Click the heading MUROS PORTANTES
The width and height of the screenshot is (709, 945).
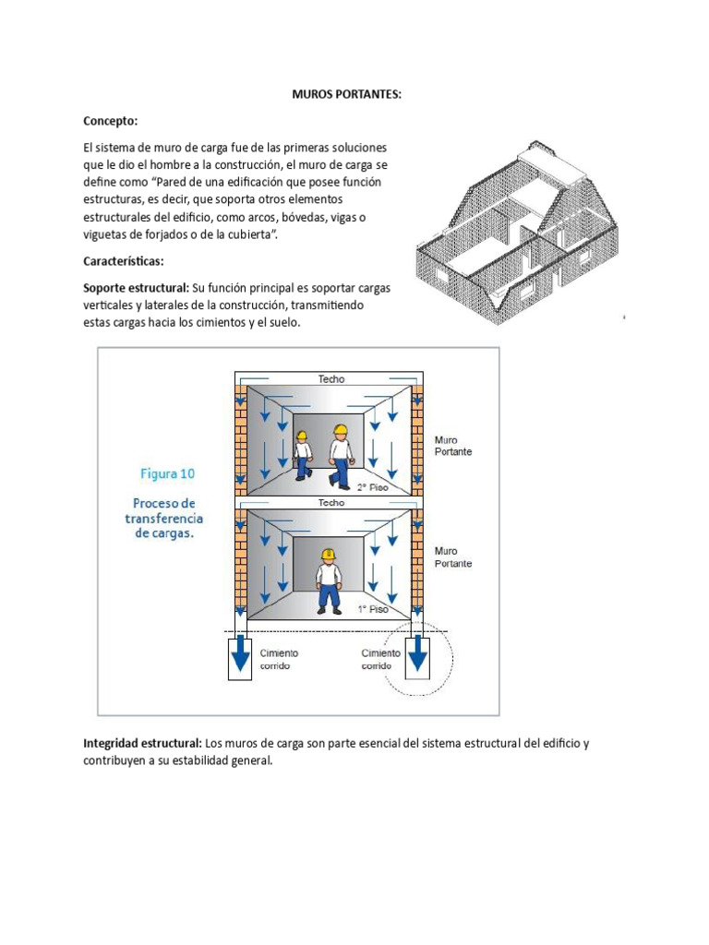[x=347, y=94]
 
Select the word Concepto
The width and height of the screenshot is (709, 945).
[x=111, y=121]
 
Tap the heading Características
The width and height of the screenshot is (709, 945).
[x=124, y=261]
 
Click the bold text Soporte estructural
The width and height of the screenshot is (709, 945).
[x=137, y=288]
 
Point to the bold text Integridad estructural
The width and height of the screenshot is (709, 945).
[x=142, y=743]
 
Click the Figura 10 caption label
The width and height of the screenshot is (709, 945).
[x=168, y=473]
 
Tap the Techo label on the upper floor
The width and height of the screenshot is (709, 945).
[x=331, y=379]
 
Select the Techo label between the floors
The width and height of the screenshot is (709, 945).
[x=331, y=503]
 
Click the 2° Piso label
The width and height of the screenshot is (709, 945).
[x=373, y=487]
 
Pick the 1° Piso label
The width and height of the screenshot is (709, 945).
[x=373, y=609]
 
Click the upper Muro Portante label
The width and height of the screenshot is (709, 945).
[x=453, y=446]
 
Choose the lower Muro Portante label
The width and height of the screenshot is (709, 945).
[x=453, y=557]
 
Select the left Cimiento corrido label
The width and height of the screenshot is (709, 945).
[x=279, y=659]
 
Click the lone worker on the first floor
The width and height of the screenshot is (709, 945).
[x=329, y=581]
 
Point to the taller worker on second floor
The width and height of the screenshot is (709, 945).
[x=341, y=456]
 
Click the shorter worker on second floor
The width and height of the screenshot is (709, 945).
[x=303, y=455]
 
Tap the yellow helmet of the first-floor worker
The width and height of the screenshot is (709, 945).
[x=329, y=554]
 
